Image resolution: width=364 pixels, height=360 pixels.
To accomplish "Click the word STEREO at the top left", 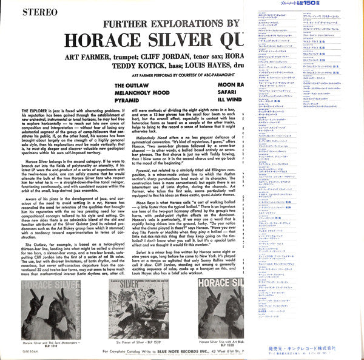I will pyautogui.click(x=25, y=10).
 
